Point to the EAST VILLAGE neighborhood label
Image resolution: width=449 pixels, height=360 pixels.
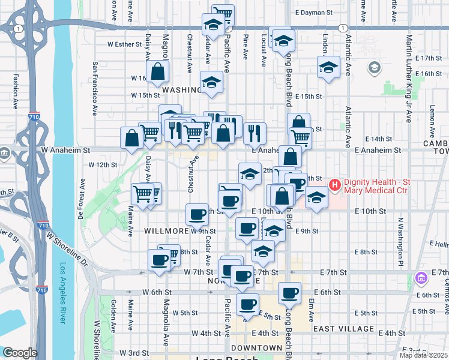(343, 329)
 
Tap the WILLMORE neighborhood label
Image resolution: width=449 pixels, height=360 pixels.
(163, 230)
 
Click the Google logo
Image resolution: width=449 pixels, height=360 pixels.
(20, 353)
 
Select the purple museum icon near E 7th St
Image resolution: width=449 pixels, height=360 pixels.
(421, 278)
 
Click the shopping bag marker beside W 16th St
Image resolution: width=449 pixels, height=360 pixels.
(157, 72)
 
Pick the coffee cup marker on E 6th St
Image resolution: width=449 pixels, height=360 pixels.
(290, 293)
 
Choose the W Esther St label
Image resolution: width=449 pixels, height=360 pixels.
(124, 44)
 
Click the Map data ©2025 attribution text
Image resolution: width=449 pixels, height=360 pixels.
(424, 355)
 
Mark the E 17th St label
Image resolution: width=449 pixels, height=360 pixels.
(427, 58)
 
